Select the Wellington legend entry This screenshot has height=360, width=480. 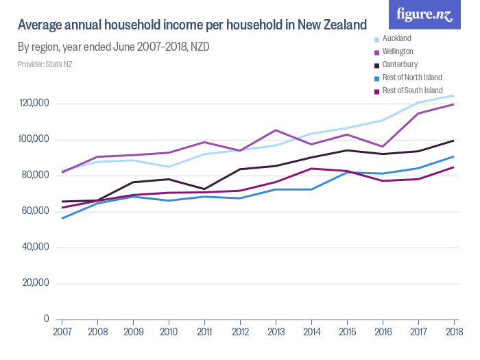[x=398, y=51]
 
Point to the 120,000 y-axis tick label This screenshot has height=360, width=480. [x=33, y=104]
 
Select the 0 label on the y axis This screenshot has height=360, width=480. [x=45, y=319]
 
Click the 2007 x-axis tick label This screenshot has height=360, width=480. [x=62, y=332]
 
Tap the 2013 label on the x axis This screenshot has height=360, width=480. [x=276, y=332]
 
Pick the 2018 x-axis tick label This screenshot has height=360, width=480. [x=453, y=332]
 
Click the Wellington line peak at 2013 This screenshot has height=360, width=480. [x=276, y=130]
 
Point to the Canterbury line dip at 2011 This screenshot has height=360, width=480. [x=204, y=189]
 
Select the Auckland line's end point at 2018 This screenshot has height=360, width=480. [x=453, y=95]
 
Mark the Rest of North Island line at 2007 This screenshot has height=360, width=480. [x=62, y=218]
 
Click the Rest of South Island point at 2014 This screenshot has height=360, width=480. [x=311, y=169]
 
